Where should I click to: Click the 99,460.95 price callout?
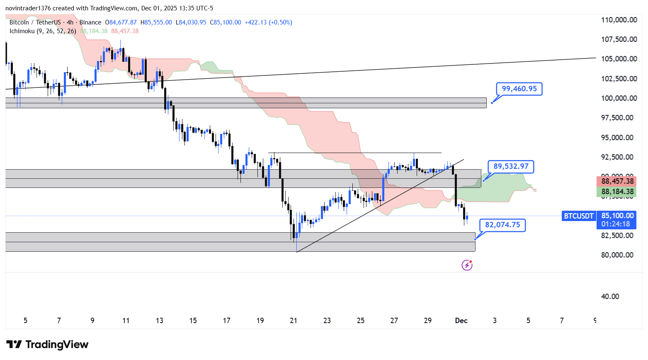519,89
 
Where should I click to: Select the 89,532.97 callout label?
511,166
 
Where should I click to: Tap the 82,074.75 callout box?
502,225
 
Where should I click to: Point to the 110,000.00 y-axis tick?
619,20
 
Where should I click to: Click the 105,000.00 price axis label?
619,59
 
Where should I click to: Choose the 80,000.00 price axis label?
617,255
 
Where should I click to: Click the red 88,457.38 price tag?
617,181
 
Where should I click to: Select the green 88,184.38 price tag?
617,192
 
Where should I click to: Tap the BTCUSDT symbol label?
579,216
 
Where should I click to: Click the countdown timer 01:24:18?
616,224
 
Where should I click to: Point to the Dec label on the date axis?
461,321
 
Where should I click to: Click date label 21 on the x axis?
294,321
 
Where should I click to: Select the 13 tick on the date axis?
159,321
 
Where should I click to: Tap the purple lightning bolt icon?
467,265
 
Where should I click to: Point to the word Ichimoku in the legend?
22,31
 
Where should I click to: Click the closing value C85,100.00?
225,22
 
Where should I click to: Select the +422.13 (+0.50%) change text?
268,22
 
